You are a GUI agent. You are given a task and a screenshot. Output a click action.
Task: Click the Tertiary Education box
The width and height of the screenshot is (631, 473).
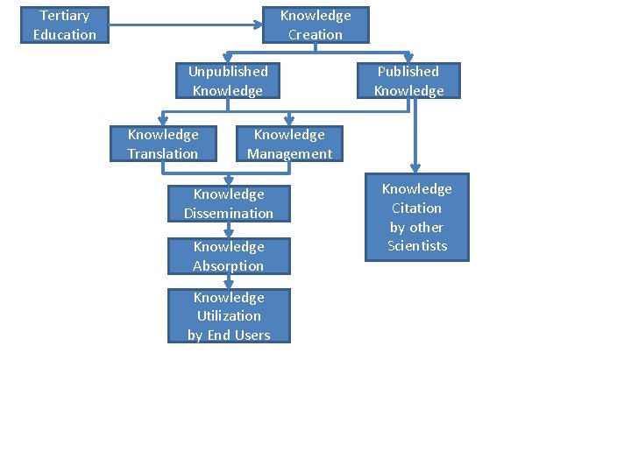pos(65,25)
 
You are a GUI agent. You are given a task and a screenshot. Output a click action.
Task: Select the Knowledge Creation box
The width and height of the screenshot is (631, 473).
pos(315,25)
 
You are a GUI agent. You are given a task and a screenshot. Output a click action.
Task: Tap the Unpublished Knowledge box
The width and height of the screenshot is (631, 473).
pos(228,81)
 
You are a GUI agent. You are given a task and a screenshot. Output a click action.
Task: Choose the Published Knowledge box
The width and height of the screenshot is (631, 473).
pos(408,81)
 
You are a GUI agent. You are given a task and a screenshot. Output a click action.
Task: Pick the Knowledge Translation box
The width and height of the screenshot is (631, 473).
pos(163,144)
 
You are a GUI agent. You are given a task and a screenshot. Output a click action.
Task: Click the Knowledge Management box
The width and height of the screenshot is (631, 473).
pos(289,144)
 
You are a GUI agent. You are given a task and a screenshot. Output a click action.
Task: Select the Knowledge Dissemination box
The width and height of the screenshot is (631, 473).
pos(229,203)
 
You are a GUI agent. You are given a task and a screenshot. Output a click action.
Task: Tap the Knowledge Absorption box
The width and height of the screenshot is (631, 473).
pos(229,256)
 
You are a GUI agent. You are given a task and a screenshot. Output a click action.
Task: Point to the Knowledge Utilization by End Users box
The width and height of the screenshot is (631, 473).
pos(229,316)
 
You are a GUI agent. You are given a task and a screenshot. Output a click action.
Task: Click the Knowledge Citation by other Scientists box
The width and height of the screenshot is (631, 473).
pos(416,217)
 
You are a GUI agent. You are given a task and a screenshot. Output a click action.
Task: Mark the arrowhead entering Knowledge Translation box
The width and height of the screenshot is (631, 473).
pos(163,120)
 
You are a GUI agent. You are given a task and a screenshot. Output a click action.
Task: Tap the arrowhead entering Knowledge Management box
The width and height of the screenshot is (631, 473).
pos(289,120)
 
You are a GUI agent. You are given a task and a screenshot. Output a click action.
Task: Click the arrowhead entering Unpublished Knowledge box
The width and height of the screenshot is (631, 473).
pos(228,57)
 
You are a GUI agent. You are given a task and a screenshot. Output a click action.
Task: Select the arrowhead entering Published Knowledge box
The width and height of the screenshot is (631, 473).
pos(408,57)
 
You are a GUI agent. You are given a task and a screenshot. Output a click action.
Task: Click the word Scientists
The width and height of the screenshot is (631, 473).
pos(417,246)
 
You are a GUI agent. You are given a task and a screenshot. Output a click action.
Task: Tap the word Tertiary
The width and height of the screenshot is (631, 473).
pos(65,15)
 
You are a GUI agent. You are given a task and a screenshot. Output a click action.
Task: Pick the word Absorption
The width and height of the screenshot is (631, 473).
pos(228,265)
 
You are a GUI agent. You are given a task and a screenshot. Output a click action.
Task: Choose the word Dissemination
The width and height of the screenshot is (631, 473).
pos(229,213)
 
